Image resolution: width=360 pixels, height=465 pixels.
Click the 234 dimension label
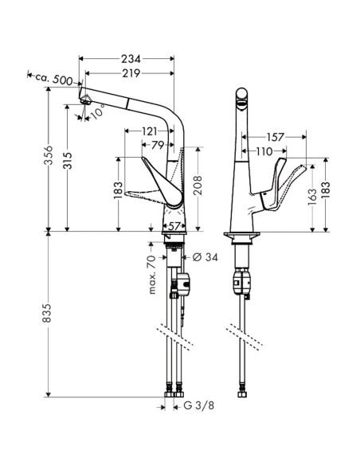pos(131,59)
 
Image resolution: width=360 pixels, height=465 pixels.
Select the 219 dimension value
pos(131,73)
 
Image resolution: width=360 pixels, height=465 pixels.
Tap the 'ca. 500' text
pos(54,79)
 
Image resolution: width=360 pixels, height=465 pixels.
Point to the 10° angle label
pos(97,111)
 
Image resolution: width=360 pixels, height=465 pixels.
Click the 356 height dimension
pos(48,155)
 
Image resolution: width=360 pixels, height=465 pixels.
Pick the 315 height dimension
pos(68,160)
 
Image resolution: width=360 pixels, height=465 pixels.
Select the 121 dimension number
pos(149,131)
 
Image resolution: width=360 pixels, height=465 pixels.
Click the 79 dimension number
pos(158,145)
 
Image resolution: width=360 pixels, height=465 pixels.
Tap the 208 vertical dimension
pos(198,186)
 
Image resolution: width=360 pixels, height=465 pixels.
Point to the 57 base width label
pos(174,226)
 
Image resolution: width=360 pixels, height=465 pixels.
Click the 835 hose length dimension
pos(46,313)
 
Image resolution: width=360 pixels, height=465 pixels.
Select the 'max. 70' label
pos(151,275)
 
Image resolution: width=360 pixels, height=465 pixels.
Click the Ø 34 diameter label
pos(205,257)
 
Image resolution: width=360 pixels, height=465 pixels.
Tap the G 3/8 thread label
pos(198,405)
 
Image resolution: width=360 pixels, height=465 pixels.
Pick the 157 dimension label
pos(276,137)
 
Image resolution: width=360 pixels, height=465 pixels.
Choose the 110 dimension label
pos(264,151)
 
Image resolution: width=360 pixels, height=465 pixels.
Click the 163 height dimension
pos(312,197)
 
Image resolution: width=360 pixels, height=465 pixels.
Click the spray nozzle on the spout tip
pos(86,100)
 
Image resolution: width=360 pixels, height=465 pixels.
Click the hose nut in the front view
pos(242,394)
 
